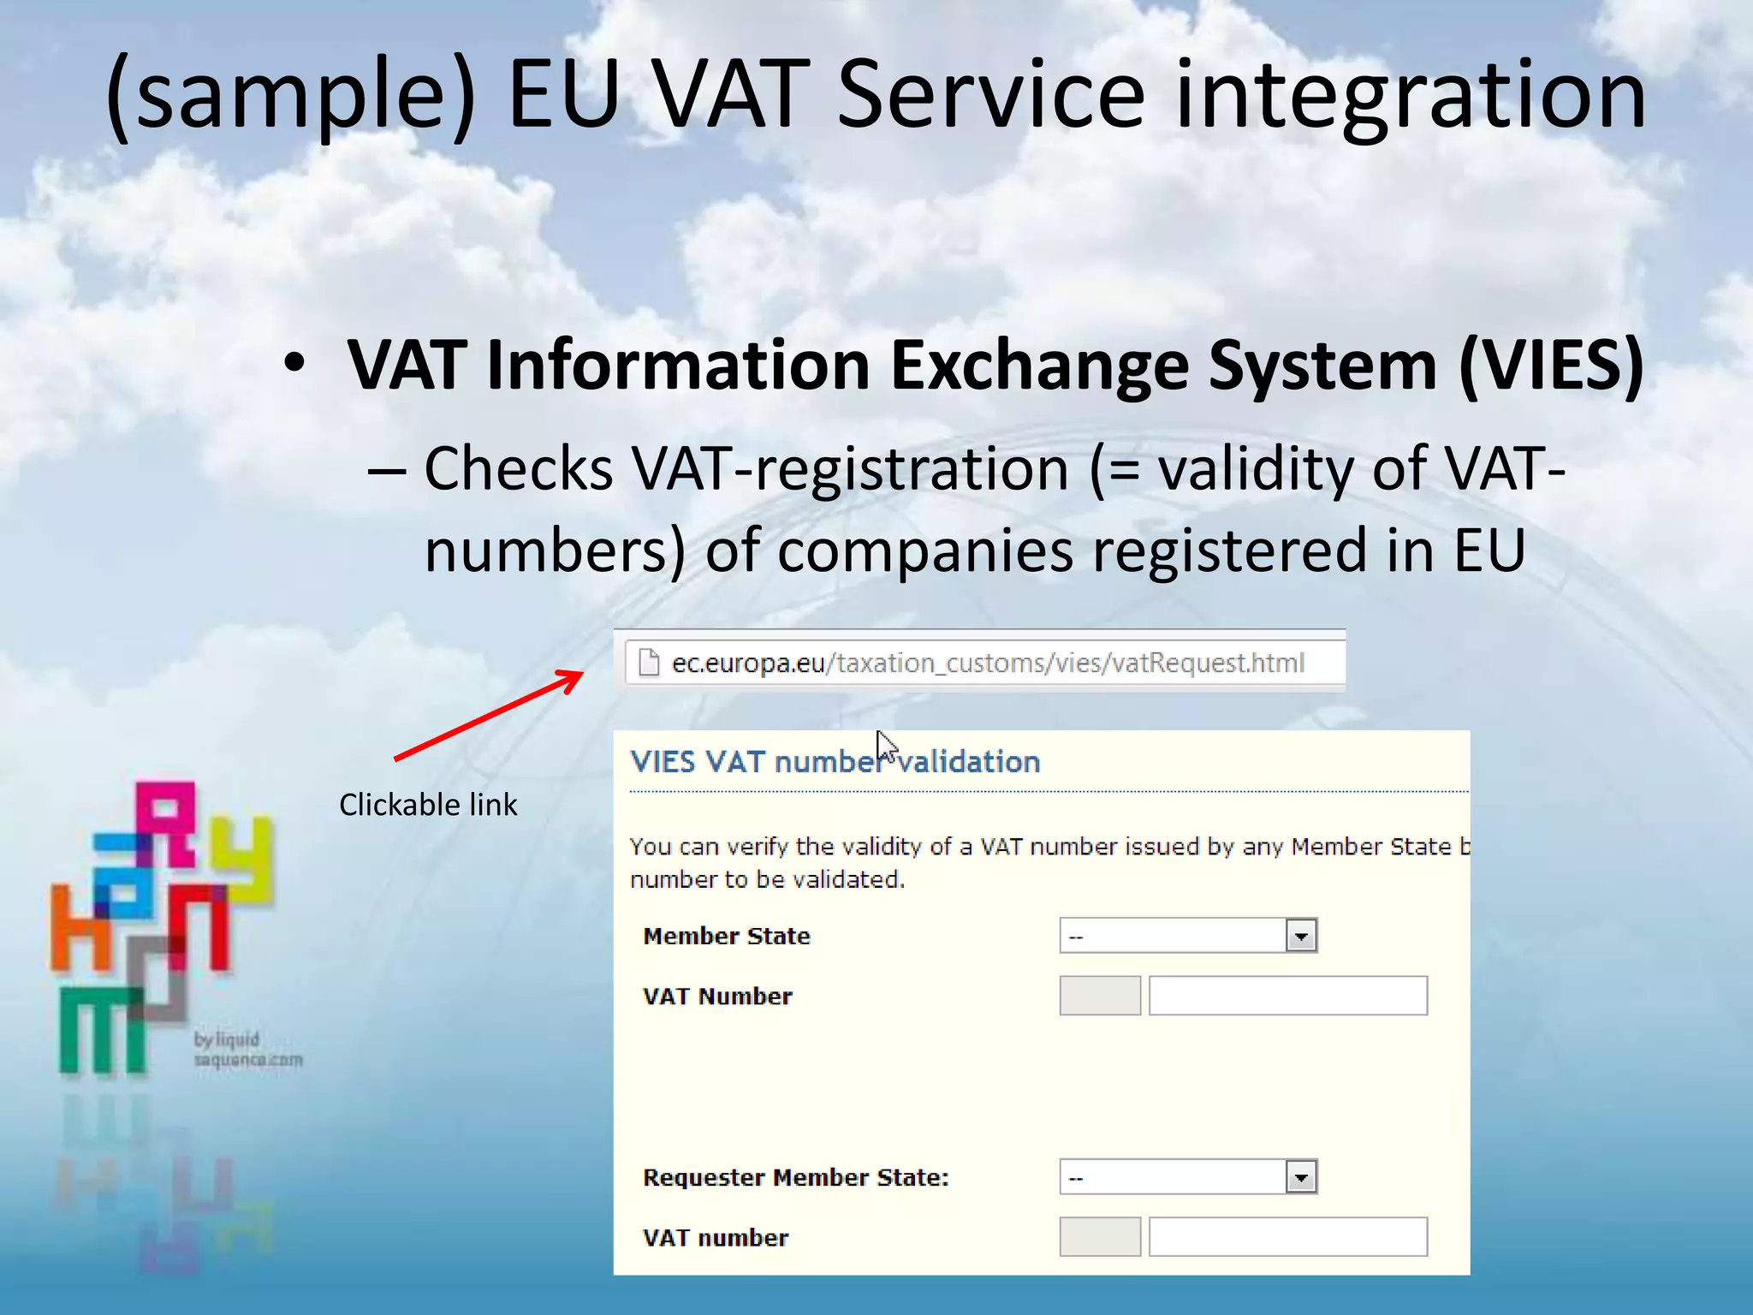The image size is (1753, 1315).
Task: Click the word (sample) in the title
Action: [x=289, y=96]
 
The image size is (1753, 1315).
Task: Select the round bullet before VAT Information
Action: [x=294, y=365]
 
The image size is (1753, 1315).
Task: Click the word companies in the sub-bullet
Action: [x=925, y=550]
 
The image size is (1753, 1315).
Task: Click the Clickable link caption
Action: [x=428, y=805]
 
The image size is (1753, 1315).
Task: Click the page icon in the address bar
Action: [x=650, y=663]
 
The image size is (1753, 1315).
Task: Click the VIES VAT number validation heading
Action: [x=835, y=761]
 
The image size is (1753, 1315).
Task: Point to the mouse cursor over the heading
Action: [x=885, y=746]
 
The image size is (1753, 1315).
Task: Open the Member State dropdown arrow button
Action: [x=1301, y=936]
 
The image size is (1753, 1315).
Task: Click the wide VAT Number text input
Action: [x=1287, y=996]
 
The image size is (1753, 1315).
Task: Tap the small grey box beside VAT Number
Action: [x=1100, y=996]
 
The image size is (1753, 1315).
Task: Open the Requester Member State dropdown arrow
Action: [x=1301, y=1177]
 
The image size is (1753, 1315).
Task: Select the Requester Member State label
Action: [x=796, y=1177]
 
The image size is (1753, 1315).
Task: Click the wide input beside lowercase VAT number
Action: [x=1287, y=1237]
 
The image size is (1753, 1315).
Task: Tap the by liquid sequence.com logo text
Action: [x=247, y=1050]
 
